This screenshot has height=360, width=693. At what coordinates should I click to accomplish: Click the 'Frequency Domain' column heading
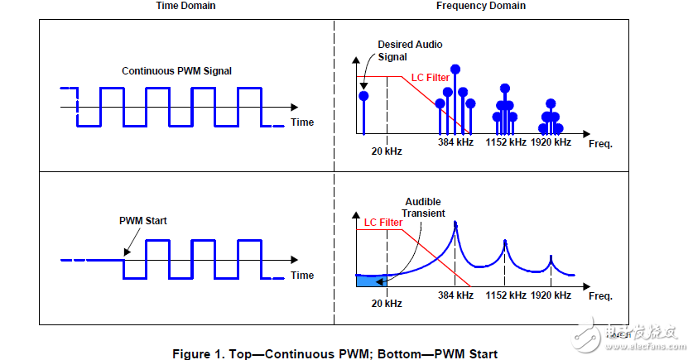point(481,7)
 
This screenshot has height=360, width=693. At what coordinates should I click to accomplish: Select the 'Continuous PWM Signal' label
point(176,71)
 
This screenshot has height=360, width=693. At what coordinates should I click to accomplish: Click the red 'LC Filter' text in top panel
point(431,78)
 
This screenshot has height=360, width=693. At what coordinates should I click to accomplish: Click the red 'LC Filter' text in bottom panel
point(383,222)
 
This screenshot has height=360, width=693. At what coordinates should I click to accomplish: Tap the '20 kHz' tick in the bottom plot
point(387,304)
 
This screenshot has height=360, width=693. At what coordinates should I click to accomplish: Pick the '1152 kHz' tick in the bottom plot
point(506,295)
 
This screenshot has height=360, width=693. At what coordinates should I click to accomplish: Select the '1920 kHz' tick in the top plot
point(551,142)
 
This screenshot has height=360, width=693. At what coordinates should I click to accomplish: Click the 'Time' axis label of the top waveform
point(302,122)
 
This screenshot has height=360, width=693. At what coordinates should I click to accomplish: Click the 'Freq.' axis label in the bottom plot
point(599,296)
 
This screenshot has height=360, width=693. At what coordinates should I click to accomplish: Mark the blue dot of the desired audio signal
point(363,96)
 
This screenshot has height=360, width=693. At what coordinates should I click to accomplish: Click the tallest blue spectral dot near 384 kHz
point(455,69)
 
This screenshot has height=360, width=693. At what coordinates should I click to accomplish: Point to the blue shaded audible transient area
point(365,282)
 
